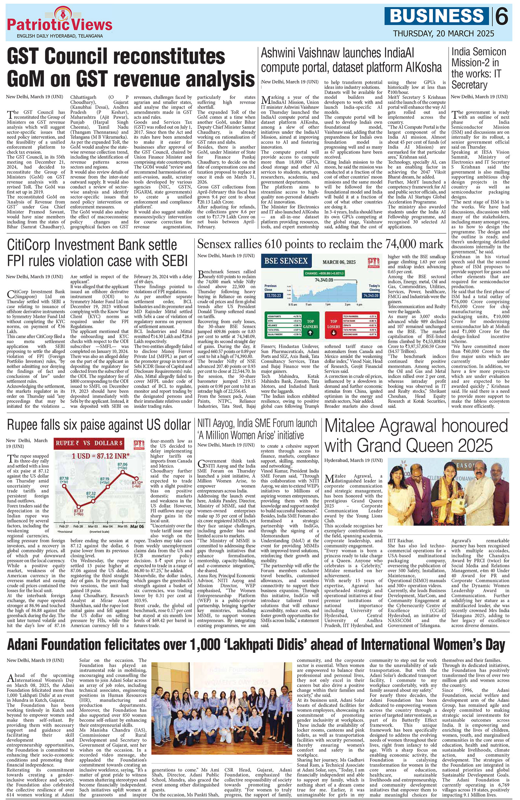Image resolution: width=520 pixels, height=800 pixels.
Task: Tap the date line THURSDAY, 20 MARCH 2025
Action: point(444,33)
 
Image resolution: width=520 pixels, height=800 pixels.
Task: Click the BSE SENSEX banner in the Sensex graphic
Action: point(286,261)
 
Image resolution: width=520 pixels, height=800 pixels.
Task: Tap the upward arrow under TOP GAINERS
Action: point(310,333)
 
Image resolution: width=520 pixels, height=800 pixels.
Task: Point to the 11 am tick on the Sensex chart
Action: point(308,304)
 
